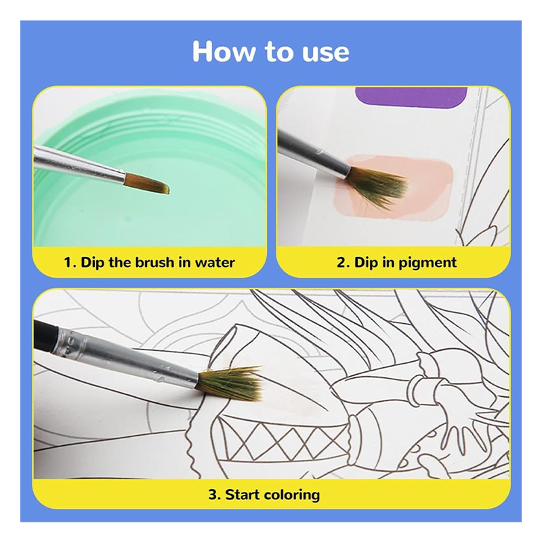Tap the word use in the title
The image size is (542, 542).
pos(326,54)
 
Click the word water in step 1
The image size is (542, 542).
pos(214,262)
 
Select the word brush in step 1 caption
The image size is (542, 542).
pos(155,262)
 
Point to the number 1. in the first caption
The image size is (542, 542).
pos(70,262)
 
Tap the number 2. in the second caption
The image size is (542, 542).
pos(343,262)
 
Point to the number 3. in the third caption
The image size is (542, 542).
pos(215,495)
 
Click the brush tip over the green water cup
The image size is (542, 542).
pos(147,184)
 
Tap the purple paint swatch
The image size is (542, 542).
pos(411,98)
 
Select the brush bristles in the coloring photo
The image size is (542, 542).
pos(229,383)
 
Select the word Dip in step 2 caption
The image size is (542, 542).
pos(366,263)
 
